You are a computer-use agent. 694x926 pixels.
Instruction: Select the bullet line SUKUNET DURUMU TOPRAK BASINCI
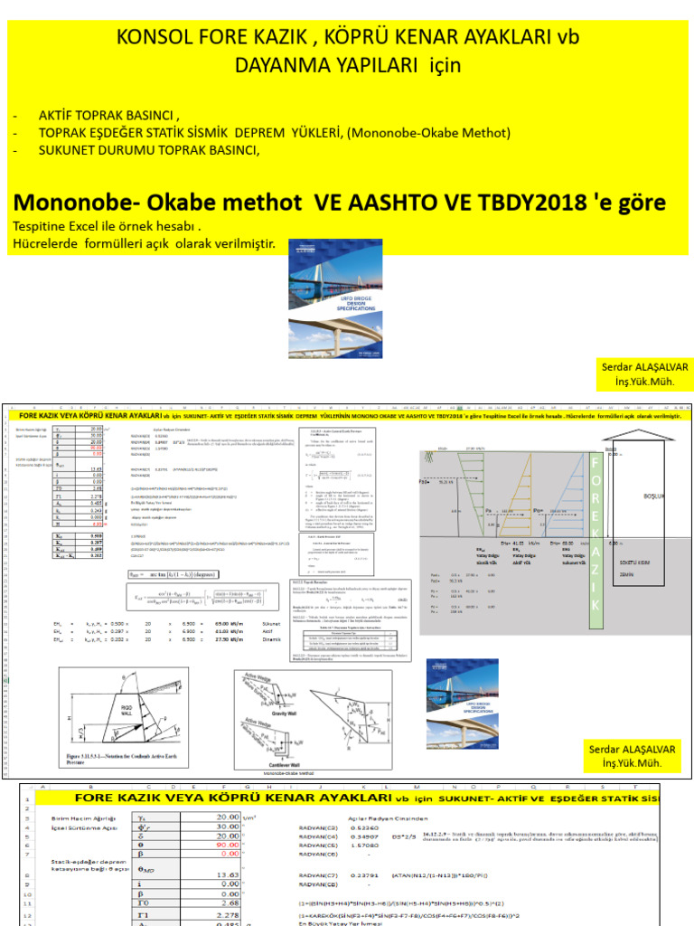pyautogui.click(x=148, y=150)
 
